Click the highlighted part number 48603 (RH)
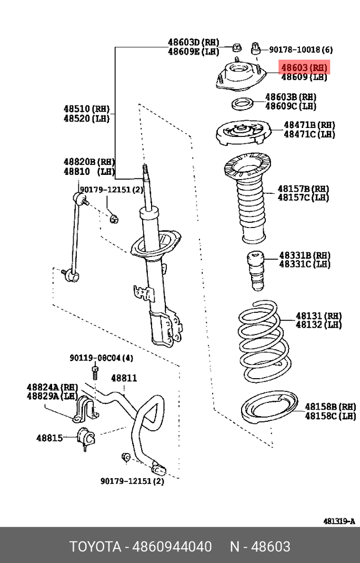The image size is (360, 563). [x=304, y=67]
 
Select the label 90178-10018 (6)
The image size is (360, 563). [x=301, y=50]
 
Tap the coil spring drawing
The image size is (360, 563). [x=264, y=341]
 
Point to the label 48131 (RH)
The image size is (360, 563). [x=319, y=316]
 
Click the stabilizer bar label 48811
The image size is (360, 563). [x=124, y=378]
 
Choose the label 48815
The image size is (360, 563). [x=49, y=438]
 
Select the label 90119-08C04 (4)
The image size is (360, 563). [x=101, y=358]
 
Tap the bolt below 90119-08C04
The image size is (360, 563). [x=95, y=373]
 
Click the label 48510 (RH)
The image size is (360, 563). [x=86, y=108]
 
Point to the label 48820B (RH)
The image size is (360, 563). [x=89, y=162]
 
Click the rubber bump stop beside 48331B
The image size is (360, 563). [x=256, y=270]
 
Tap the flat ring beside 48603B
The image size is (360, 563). [x=242, y=104]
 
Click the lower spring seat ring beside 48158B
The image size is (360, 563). [x=269, y=408]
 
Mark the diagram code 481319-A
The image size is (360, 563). [x=339, y=521]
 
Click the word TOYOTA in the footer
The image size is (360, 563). [x=95, y=547]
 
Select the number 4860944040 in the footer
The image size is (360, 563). [x=172, y=547]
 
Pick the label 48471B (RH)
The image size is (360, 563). [x=309, y=125]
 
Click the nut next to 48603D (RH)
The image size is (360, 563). [x=236, y=47]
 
